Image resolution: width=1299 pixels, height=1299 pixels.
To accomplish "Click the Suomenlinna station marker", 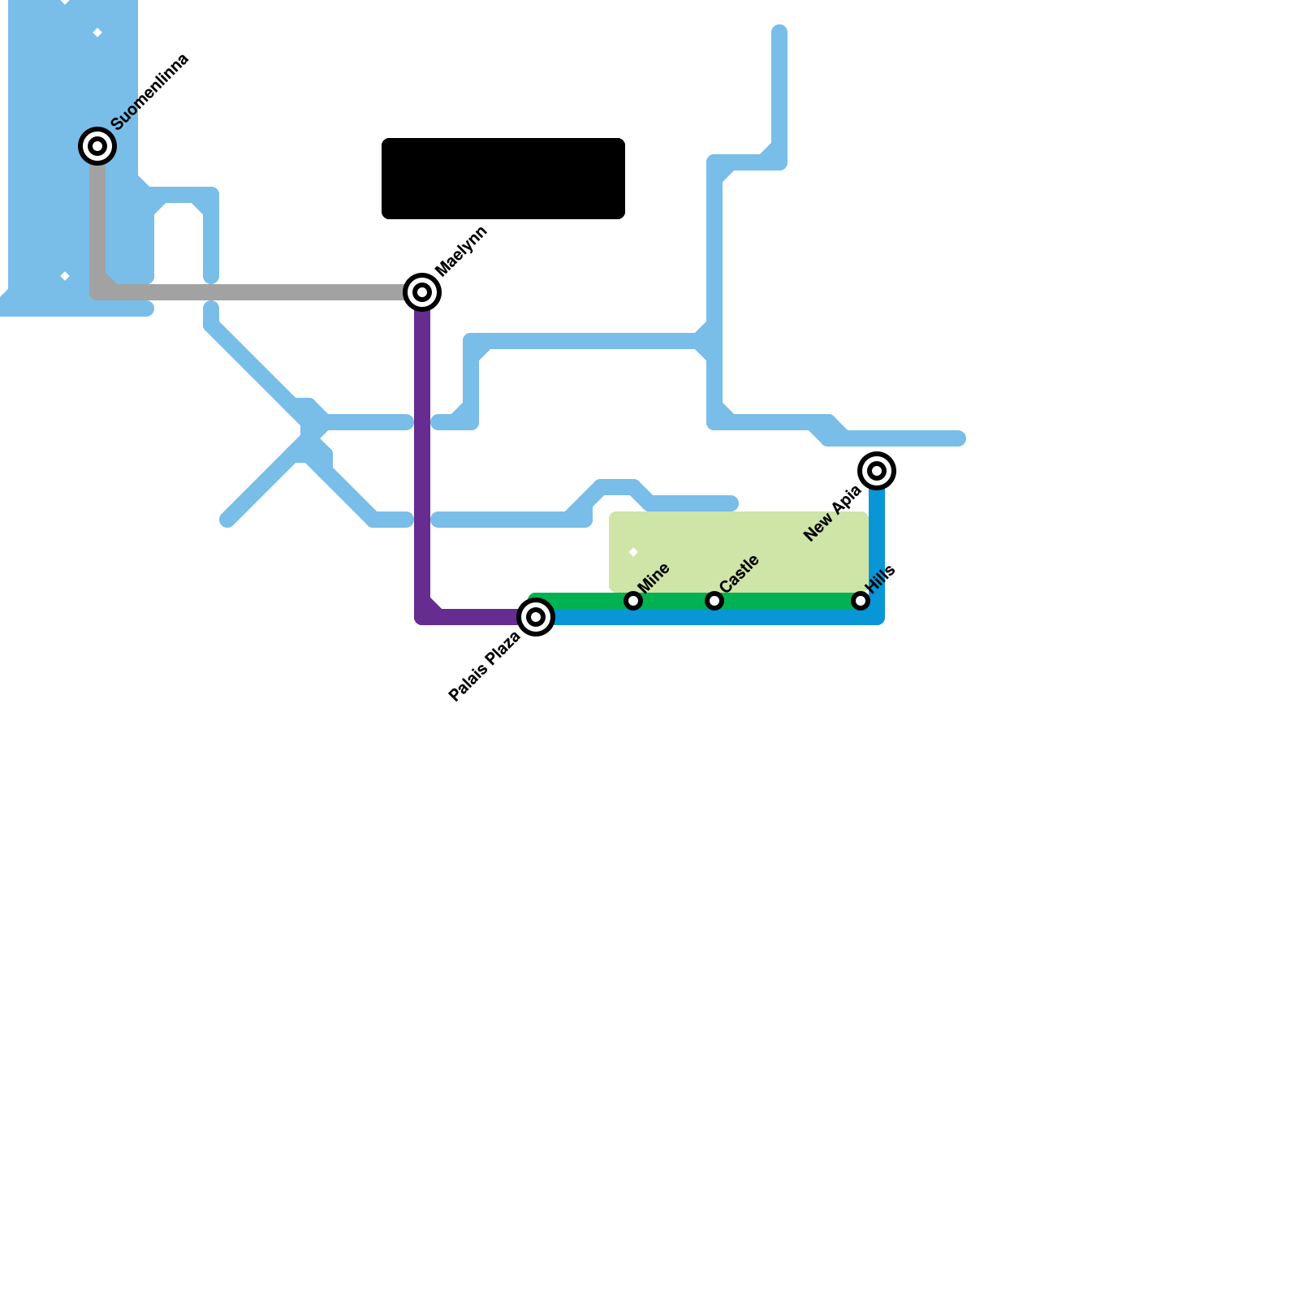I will coord(97,146).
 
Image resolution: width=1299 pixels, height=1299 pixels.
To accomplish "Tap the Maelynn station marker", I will coord(422,292).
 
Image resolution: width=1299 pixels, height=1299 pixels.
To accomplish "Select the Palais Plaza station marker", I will coord(536,617).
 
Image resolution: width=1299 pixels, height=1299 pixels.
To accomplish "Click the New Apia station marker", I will coord(877,471).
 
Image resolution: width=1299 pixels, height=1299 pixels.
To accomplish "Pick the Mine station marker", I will coord(633,601).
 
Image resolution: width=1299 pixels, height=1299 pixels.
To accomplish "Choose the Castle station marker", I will coord(714,601).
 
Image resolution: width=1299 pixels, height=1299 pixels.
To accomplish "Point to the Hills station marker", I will coord(861,601).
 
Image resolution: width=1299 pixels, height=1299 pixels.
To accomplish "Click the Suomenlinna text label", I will coord(150,92).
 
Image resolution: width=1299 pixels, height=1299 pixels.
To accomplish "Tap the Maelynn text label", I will coord(461,251).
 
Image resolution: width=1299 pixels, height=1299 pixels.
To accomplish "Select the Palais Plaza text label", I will coord(485,667).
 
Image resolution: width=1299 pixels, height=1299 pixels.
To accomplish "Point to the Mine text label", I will coord(654,577).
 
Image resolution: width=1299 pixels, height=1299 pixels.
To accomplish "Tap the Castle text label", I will coord(739,573).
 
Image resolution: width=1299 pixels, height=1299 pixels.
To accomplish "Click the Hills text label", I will coord(881,579).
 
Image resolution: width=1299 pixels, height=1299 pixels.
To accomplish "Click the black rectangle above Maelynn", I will coord(503,179).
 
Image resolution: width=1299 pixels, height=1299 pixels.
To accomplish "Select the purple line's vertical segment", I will coord(422,455).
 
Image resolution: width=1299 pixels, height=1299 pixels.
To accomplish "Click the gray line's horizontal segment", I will coord(260,292).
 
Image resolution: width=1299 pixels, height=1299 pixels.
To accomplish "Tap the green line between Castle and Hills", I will coord(788,601).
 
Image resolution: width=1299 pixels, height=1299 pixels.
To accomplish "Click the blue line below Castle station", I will coord(714,617).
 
